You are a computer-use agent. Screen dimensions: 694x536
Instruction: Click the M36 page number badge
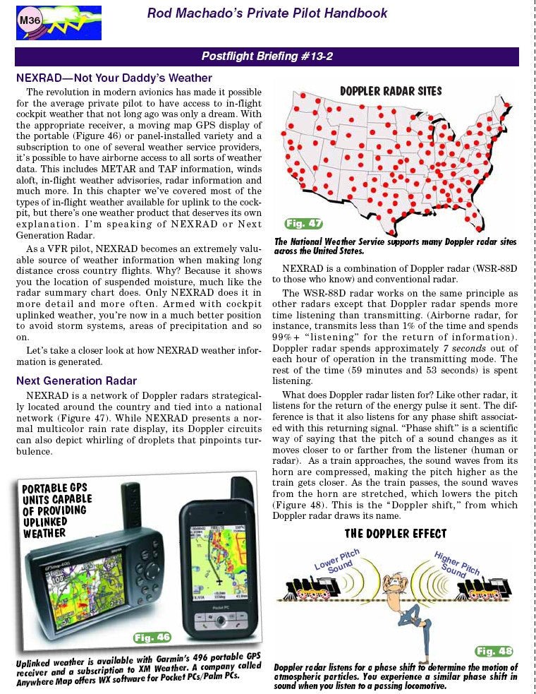pos(29,20)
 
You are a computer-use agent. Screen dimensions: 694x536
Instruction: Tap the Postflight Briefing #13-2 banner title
pos(267,56)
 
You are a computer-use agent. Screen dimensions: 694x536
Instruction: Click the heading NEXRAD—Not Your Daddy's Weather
pos(114,78)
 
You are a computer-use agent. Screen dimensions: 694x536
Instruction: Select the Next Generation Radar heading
pos(76,381)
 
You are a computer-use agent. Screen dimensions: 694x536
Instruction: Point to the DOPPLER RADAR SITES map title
pos(391,90)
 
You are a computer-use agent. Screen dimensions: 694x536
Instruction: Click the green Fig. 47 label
pos(304,224)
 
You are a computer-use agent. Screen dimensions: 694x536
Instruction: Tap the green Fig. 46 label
pos(152,638)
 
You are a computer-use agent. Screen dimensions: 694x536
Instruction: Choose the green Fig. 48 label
pos(494,650)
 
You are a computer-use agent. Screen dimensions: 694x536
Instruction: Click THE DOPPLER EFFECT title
pos(395,533)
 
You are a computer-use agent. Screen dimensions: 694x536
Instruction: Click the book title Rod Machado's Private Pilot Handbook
pos(267,13)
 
